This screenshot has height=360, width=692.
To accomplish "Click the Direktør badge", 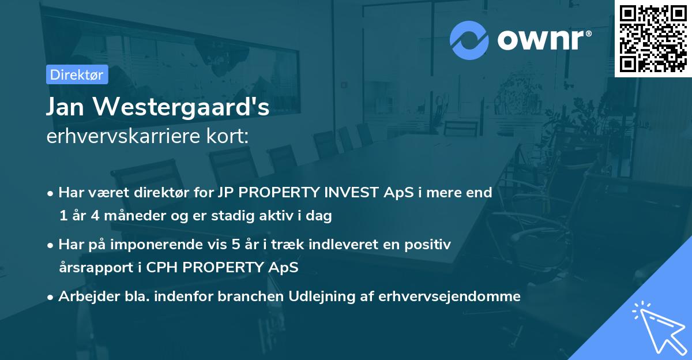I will pos(77,75).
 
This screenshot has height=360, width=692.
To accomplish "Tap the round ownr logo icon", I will pos(469,40).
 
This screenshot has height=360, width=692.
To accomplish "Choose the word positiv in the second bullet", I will pos(430,245).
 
